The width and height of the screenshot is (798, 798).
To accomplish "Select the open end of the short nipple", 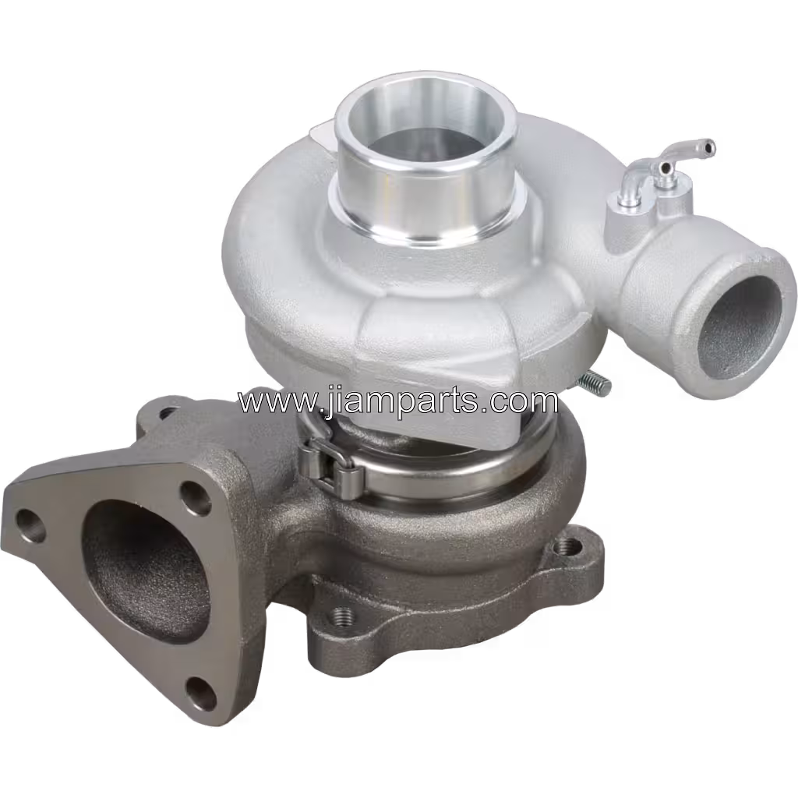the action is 662,168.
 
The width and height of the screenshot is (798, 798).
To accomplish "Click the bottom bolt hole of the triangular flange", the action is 199,690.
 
